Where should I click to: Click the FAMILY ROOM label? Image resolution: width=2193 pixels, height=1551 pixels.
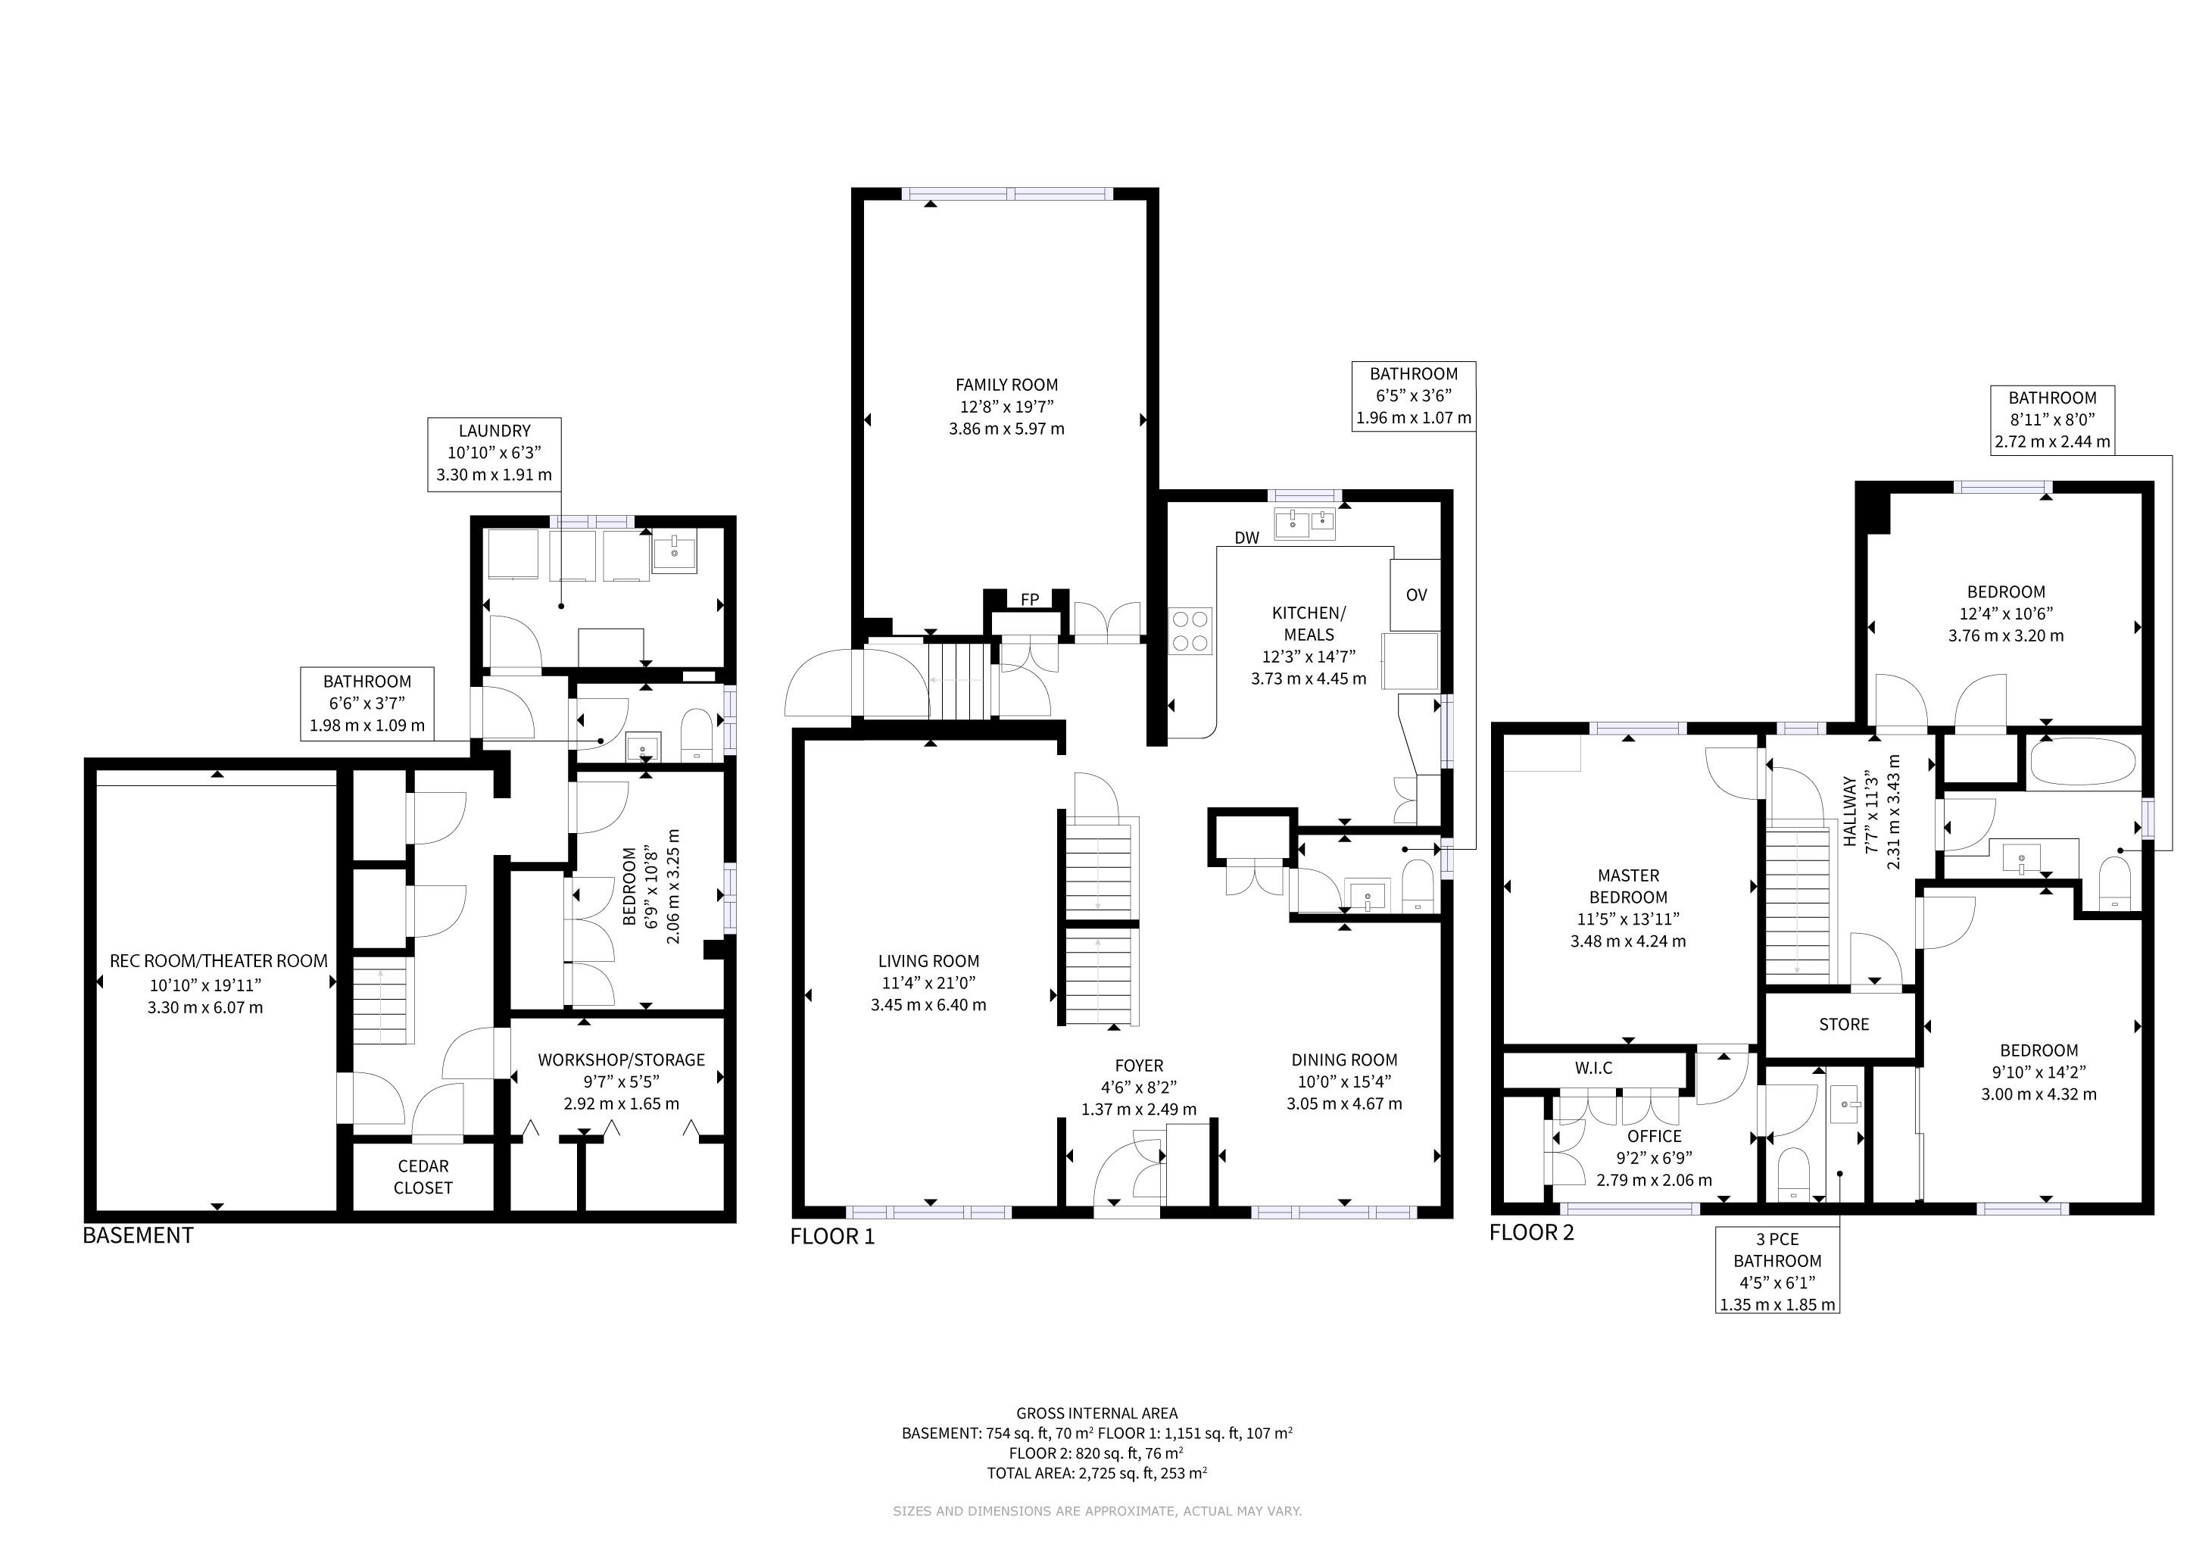1006,385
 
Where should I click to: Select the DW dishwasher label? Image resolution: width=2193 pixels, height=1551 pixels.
1246,538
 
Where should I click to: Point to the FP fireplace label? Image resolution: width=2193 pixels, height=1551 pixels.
1030,600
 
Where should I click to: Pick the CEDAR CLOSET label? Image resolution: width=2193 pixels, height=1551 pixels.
423,1177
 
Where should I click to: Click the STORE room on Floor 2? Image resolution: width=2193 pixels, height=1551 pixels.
1843,1024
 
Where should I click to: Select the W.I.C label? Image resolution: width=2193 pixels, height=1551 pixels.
1593,1068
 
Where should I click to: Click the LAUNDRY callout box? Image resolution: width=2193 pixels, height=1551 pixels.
494,454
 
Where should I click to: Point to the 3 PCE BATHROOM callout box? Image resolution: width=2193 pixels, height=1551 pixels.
1777,1270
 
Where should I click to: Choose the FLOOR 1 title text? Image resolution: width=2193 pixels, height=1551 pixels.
832,1237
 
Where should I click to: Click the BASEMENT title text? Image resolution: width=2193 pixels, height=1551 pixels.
138,1235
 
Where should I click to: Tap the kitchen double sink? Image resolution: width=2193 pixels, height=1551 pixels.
1305,523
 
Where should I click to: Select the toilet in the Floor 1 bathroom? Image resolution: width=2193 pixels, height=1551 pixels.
1418,886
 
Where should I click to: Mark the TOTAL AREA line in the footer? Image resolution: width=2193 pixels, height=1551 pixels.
1096,1473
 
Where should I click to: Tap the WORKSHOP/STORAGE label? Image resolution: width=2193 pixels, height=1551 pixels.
621,1059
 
